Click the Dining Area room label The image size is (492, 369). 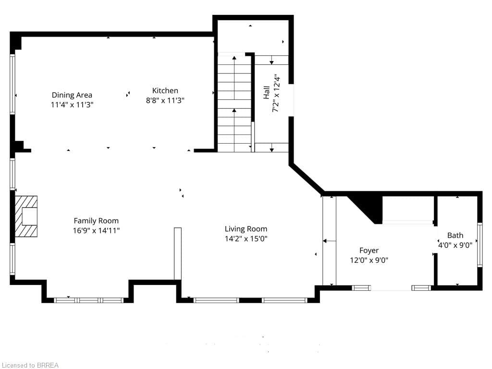[72, 95]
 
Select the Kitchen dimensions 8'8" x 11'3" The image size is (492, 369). [165, 100]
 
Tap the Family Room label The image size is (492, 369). [96, 221]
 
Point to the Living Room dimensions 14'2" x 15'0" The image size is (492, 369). [246, 238]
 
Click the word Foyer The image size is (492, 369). [369, 250]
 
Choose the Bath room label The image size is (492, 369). [455, 235]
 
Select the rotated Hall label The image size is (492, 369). [266, 93]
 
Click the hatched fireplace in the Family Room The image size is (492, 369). [26, 217]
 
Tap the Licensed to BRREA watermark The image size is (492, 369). [29, 365]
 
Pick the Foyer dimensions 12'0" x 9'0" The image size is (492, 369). [369, 260]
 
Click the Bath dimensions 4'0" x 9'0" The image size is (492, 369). [455, 245]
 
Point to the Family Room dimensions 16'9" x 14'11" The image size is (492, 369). [96, 231]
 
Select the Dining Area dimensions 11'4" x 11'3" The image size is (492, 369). [72, 104]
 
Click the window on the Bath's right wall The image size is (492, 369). [480, 245]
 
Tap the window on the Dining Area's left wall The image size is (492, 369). [12, 84]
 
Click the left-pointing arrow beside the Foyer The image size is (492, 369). [329, 241]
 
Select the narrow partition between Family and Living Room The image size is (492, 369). [178, 254]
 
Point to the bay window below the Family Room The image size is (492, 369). [89, 300]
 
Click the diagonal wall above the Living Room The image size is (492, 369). [307, 178]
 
